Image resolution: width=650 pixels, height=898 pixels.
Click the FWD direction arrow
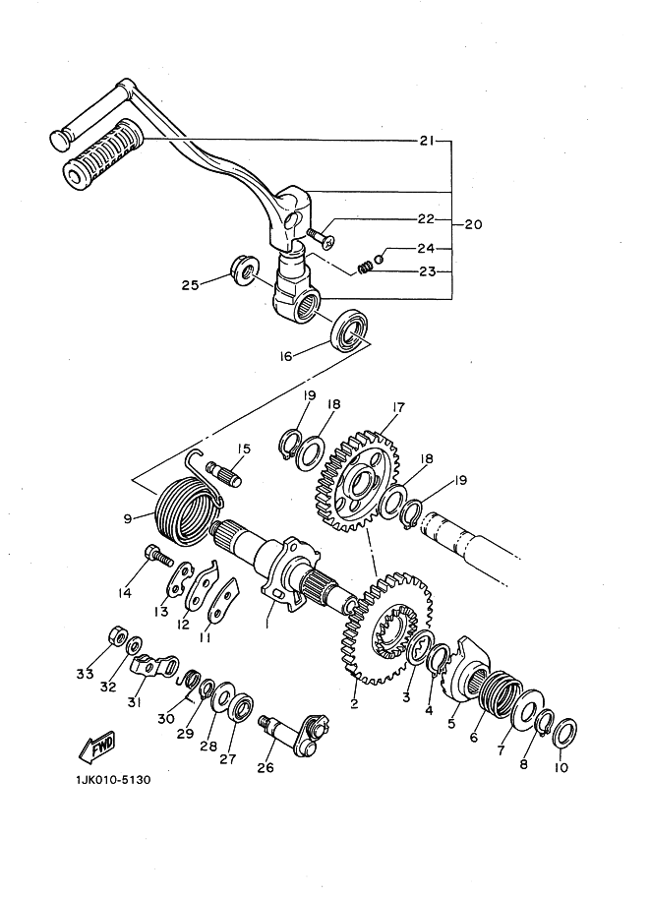[96, 747]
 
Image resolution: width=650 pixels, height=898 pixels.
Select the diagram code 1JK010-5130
[112, 779]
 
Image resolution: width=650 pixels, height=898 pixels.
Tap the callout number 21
[427, 141]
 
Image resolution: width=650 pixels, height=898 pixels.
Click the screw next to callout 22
[321, 237]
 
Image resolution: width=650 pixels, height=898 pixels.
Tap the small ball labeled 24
[379, 260]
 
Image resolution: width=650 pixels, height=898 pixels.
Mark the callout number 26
[266, 767]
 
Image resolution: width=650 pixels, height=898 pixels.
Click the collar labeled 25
[245, 270]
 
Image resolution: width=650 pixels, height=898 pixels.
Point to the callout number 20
[473, 224]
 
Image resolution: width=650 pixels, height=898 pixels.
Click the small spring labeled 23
[364, 268]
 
